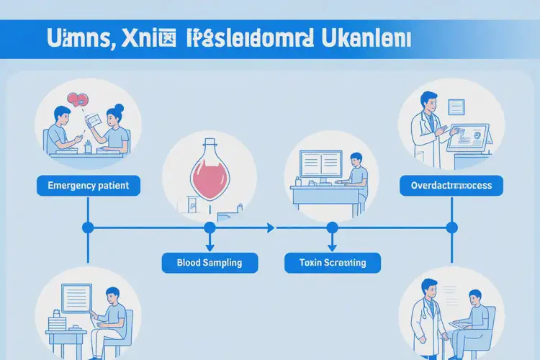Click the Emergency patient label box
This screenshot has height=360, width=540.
pos(87,186)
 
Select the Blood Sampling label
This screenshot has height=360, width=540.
pos(209,263)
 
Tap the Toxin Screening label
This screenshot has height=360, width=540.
pos(332,263)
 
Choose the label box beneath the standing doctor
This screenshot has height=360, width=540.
pos(451,186)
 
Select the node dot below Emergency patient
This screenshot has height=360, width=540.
pos(88,228)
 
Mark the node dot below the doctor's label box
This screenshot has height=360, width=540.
pos(451,228)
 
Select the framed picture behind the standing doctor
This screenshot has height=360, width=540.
pos(456,107)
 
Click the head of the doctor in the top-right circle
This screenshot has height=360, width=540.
pos(428,100)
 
